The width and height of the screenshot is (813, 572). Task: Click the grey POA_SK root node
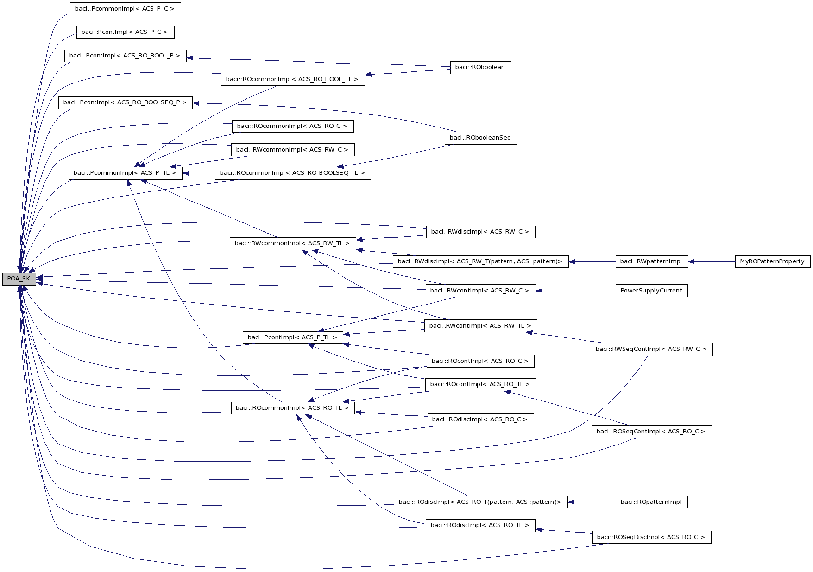[19, 279]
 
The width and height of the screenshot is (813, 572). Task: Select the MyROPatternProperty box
[772, 261]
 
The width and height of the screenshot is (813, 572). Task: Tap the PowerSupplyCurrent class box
[651, 291]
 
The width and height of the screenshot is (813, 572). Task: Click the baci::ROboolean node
[480, 67]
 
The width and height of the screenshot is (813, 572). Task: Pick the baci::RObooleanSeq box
[480, 138]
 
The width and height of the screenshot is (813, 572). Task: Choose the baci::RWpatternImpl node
[651, 261]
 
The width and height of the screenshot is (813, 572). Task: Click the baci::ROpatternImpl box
[651, 502]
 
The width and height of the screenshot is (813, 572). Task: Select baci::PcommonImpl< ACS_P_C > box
[125, 9]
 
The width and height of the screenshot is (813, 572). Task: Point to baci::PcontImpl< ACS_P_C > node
[125, 32]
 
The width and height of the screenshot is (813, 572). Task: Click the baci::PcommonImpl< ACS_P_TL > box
[125, 173]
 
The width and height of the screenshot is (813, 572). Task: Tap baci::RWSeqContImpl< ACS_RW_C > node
[651, 349]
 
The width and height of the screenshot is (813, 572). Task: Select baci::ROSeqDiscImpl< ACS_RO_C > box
[651, 537]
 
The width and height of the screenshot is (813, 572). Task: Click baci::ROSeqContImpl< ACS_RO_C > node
[651, 432]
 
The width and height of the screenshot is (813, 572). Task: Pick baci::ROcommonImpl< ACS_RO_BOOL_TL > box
[292, 79]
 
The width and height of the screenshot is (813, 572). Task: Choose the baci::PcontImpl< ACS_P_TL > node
[292, 337]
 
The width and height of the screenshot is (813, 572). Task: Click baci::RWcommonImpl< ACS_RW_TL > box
[292, 243]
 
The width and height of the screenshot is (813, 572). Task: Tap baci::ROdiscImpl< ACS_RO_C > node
[480, 419]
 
